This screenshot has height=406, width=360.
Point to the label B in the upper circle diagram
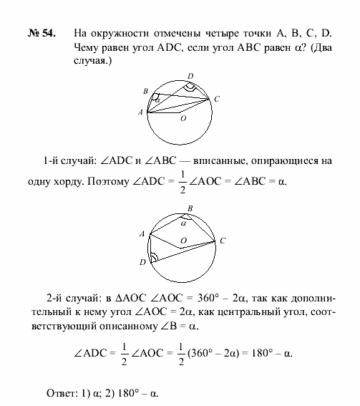point(145,92)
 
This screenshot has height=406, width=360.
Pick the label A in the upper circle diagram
point(141,112)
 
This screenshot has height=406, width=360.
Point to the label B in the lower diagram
point(188,209)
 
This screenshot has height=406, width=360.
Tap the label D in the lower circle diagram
point(143,262)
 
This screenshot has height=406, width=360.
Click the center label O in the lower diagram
point(184,241)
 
